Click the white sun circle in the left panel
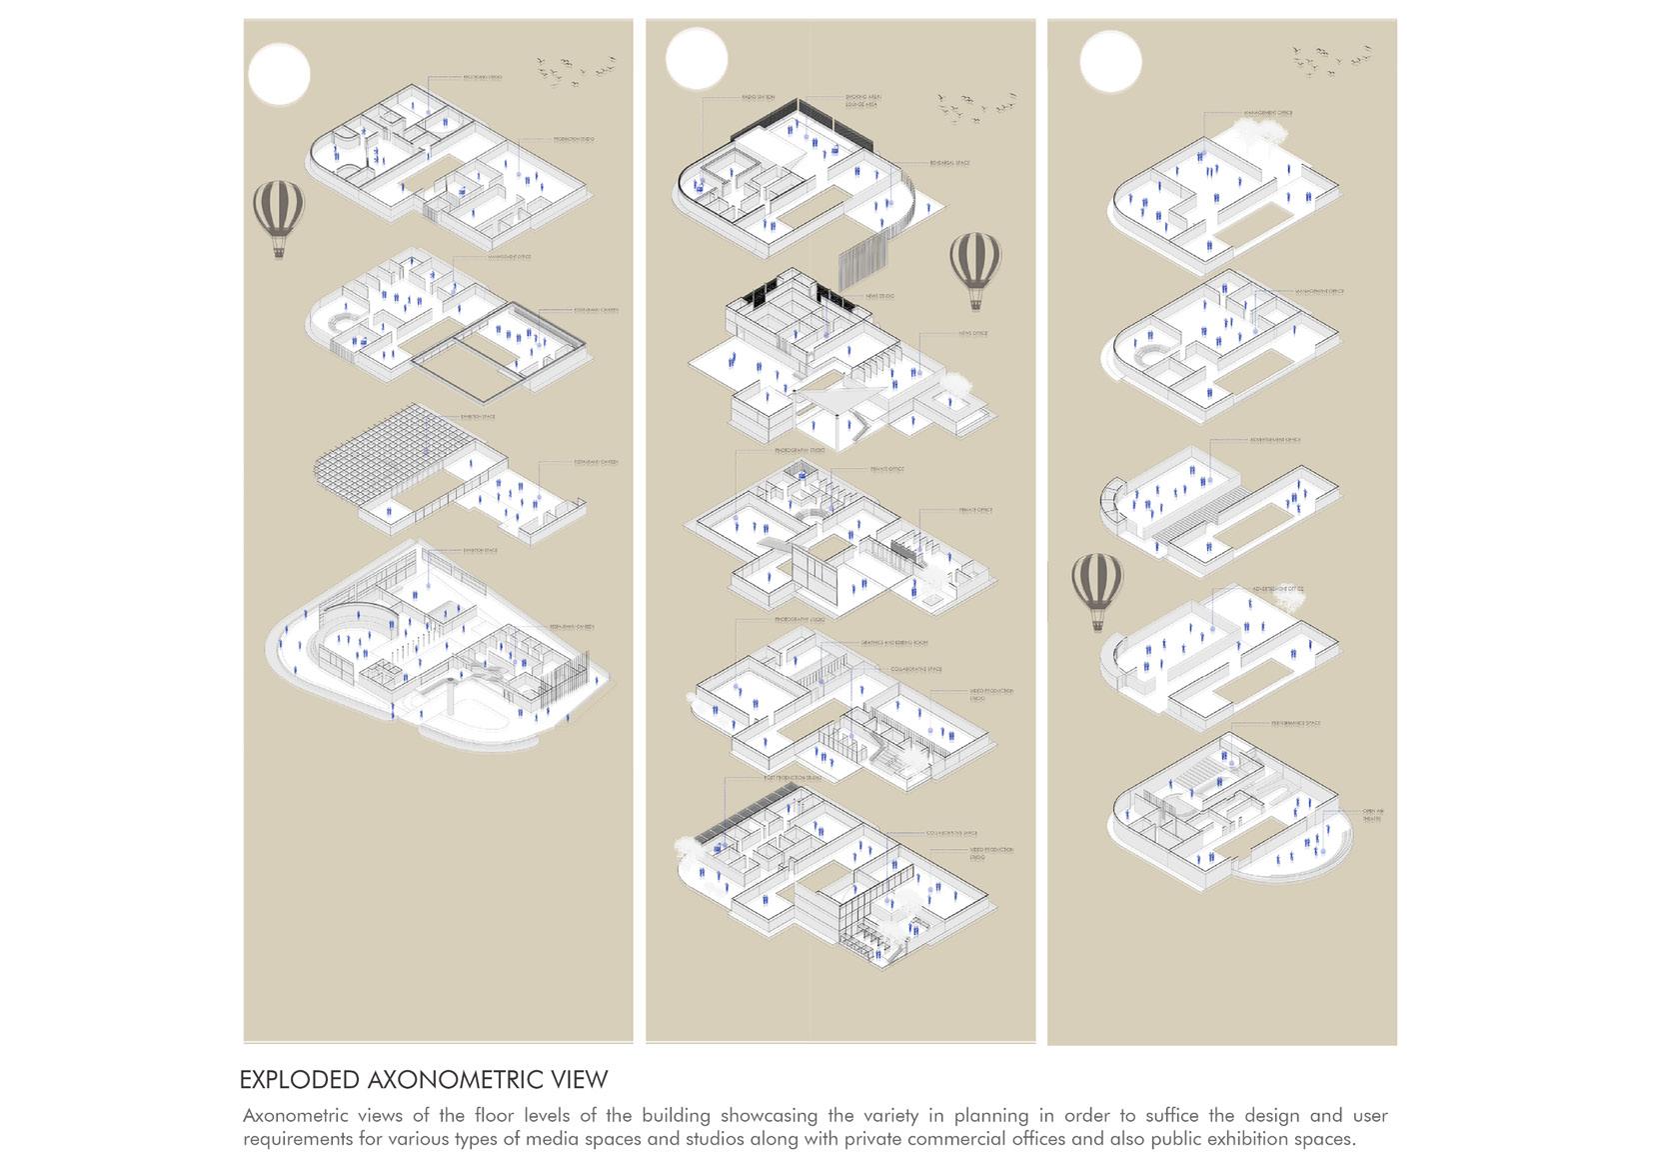tap(279, 74)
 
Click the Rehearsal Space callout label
tap(948, 162)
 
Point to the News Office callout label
tap(971, 333)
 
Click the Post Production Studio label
tap(793, 778)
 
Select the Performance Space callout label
tap(1295, 723)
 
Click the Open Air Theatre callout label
tap(1372, 814)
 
